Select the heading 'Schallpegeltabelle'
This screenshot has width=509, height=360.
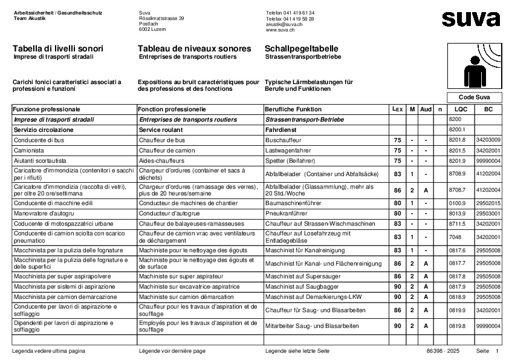click(x=302, y=48)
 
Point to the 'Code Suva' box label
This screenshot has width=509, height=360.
click(x=474, y=97)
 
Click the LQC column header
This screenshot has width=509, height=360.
click(x=461, y=110)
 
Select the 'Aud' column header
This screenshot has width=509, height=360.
click(x=426, y=110)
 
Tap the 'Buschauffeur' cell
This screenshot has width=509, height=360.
click(x=284, y=140)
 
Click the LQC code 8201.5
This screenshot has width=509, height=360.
click(x=458, y=150)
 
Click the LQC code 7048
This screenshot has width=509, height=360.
click(x=455, y=237)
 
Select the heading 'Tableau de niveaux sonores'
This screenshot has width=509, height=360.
click(x=194, y=48)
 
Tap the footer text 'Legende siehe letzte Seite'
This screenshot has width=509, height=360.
click(x=297, y=351)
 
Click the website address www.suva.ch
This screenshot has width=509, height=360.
click(x=280, y=29)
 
